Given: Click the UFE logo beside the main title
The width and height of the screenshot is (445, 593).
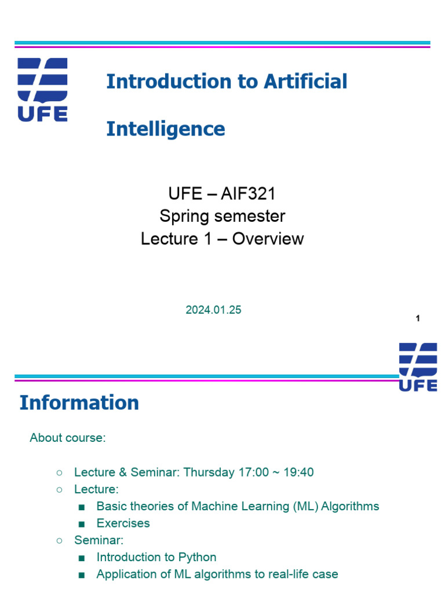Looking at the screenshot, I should [x=42, y=89].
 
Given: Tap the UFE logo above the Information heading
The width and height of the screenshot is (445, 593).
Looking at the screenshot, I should [x=418, y=367].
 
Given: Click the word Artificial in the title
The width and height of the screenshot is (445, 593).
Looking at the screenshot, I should [x=305, y=82].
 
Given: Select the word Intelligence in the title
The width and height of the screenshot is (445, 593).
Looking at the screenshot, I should [x=165, y=129].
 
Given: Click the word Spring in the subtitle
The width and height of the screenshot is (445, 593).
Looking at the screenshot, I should [x=185, y=217].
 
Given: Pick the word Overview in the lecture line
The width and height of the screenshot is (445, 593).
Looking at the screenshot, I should [x=268, y=239].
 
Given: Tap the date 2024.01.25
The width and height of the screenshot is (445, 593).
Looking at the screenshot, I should [x=213, y=310].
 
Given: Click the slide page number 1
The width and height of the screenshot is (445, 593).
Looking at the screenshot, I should [x=418, y=319].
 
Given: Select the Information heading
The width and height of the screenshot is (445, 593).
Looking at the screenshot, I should [x=79, y=403].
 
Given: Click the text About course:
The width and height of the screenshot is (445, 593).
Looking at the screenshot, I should [x=68, y=438].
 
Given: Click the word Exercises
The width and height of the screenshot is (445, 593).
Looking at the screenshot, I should [x=123, y=524].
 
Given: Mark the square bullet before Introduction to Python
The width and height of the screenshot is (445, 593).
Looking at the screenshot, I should [x=81, y=558].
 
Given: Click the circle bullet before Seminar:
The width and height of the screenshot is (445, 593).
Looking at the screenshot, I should [x=59, y=540].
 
